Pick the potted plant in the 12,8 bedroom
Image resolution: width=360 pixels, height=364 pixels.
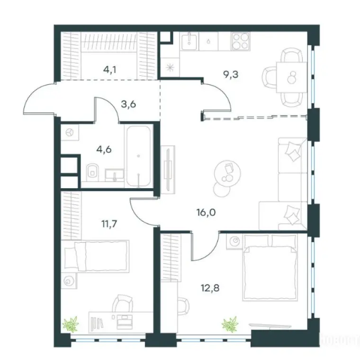click(230, 324)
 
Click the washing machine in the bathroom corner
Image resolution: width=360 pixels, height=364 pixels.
click(70, 134)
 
